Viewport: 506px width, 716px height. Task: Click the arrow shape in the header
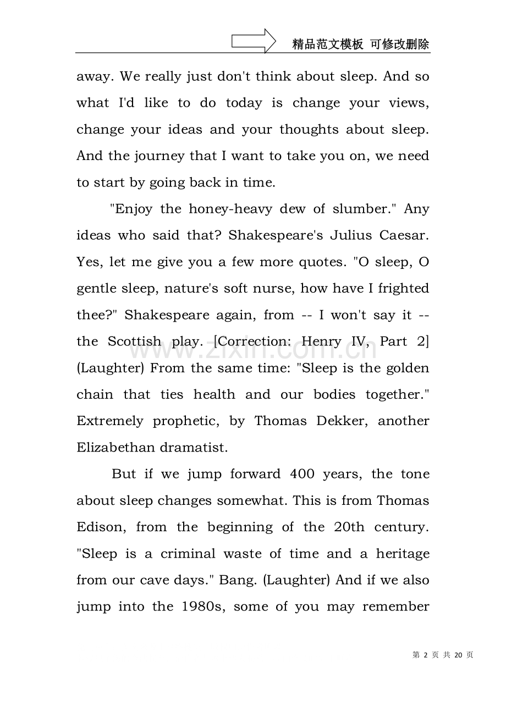pyautogui.click(x=254, y=41)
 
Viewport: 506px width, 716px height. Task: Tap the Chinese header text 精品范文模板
pyautogui.click(x=328, y=45)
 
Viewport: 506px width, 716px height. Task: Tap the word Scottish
pyautogui.click(x=134, y=342)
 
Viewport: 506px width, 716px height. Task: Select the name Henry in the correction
pyautogui.click(x=321, y=342)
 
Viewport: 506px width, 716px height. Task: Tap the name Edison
pyautogui.click(x=98, y=527)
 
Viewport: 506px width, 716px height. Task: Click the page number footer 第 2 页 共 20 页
pyautogui.click(x=442, y=654)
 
